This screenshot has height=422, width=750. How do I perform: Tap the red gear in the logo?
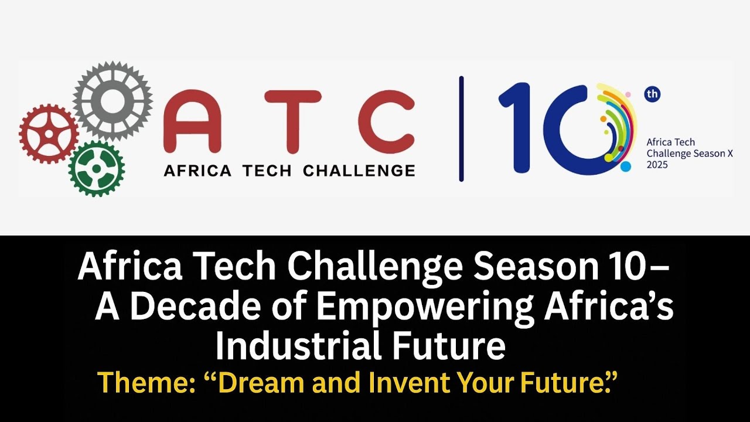(48, 134)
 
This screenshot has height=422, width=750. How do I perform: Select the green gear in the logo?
(96, 169)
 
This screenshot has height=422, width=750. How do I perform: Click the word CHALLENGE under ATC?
(359, 171)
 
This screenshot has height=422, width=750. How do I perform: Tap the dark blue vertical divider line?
(461, 129)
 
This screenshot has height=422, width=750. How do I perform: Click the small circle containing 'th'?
(652, 94)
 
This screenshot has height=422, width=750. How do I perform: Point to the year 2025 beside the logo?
(657, 165)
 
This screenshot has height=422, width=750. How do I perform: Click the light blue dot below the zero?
(625, 166)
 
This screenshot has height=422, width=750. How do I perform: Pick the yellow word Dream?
(261, 383)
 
